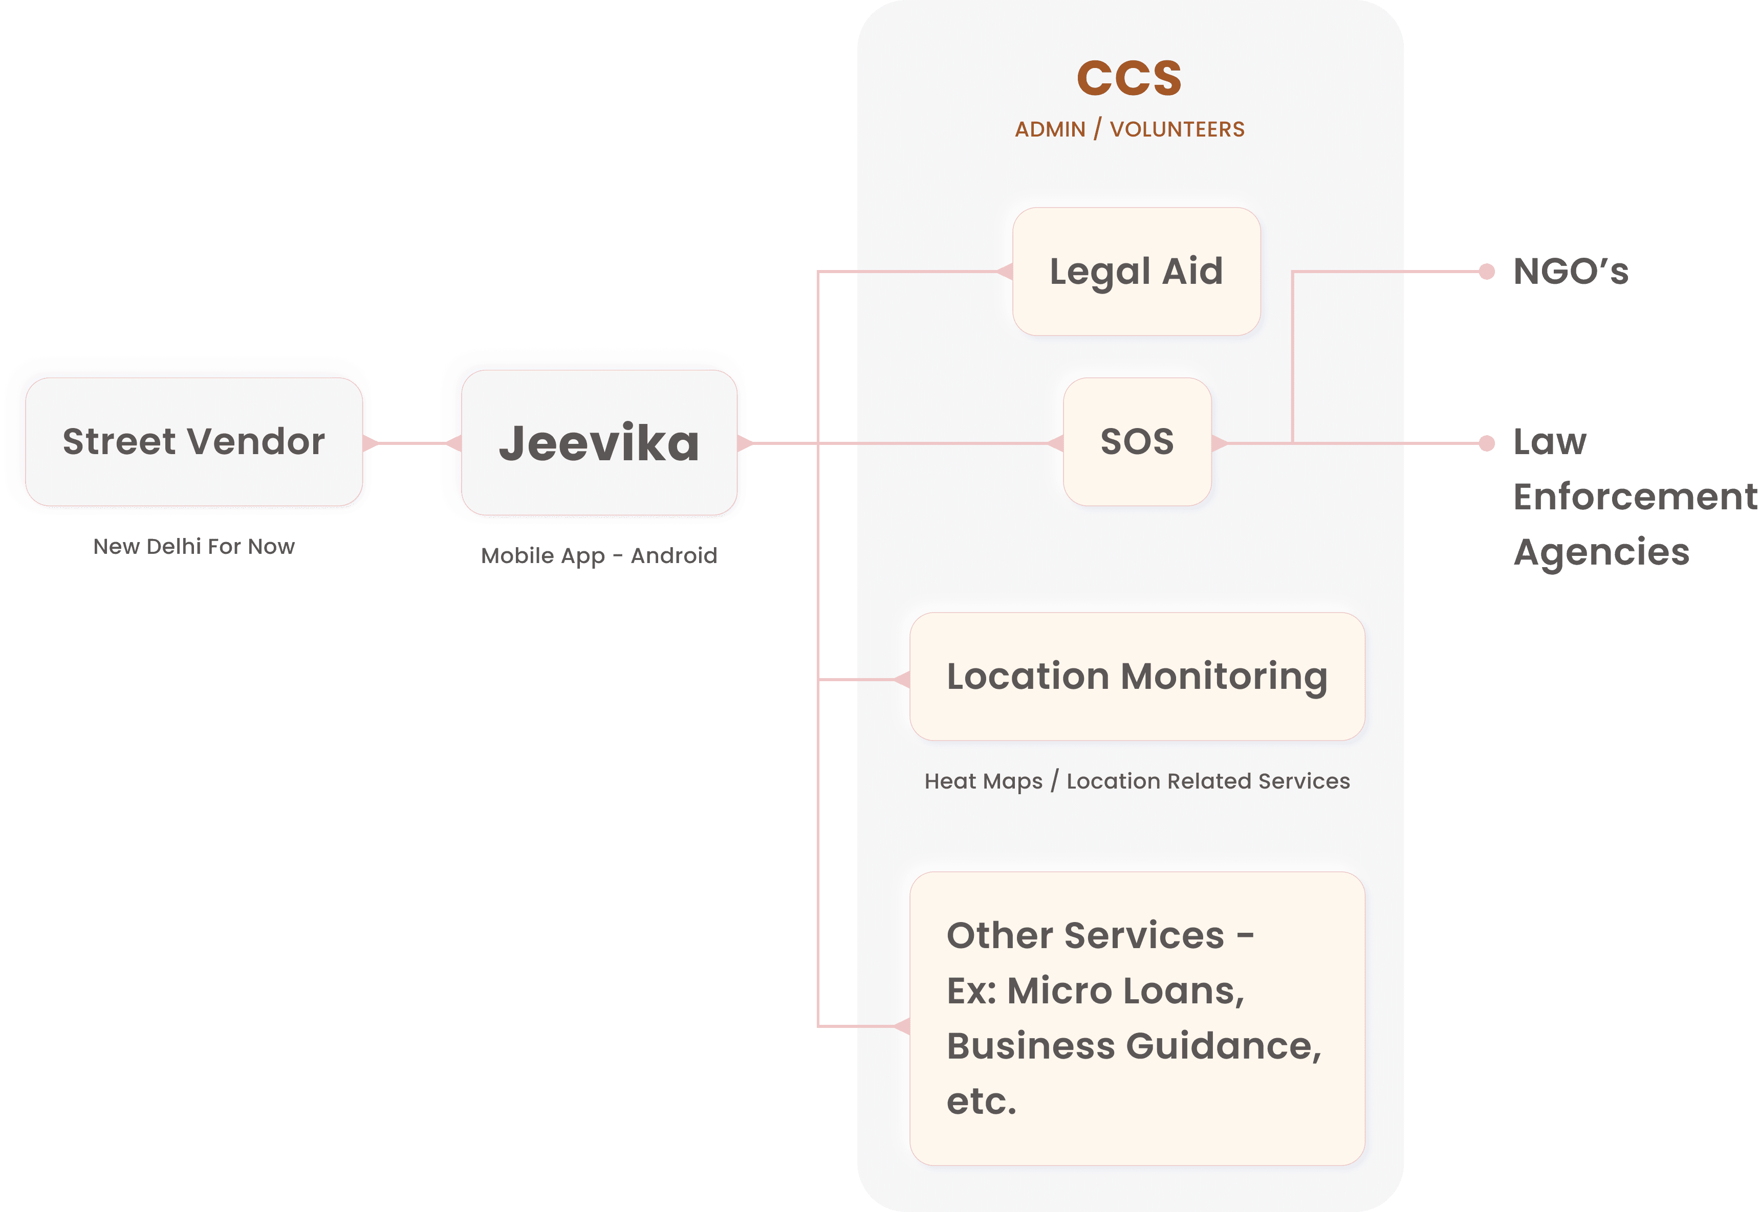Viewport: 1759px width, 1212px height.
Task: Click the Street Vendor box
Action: click(194, 441)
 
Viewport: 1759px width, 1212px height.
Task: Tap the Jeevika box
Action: click(599, 443)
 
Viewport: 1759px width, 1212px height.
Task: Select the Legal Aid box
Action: click(1136, 271)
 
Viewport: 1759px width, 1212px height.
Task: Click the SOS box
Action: click(1137, 441)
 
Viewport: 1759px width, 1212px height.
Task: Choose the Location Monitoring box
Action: click(1137, 676)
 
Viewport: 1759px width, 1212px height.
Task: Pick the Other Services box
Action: click(1137, 1018)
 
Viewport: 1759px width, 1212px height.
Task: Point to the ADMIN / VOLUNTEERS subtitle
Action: click(1129, 129)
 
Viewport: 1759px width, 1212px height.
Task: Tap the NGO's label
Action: click(1571, 271)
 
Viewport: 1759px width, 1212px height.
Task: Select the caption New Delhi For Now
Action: click(194, 546)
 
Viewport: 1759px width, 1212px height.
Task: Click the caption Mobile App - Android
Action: click(599, 555)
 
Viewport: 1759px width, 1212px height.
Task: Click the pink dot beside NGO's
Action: click(1487, 271)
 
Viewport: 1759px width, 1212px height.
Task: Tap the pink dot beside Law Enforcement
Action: click(1487, 443)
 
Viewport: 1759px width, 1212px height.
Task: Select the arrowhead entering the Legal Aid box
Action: click(1005, 271)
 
